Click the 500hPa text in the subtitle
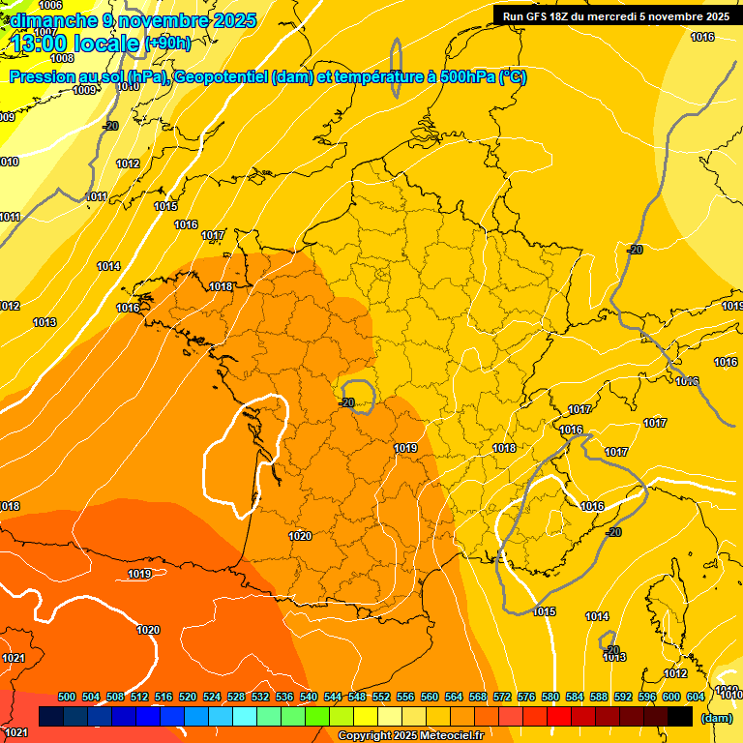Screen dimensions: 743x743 pyautogui.click(x=461, y=77)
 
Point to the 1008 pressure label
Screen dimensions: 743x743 pyautogui.click(x=62, y=58)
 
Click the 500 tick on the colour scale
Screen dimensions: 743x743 pyautogui.click(x=67, y=697)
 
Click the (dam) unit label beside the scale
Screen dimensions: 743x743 pyautogui.click(x=716, y=717)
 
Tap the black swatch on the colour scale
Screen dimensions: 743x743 pyautogui.click(x=680, y=717)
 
